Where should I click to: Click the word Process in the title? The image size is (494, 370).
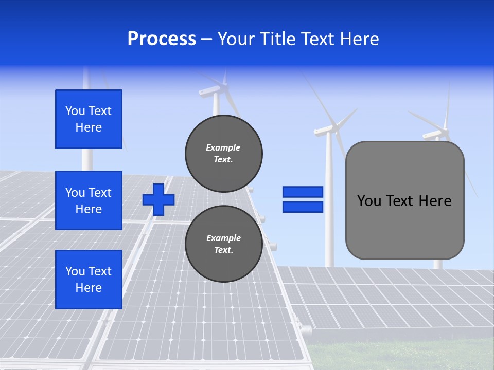coord(162,39)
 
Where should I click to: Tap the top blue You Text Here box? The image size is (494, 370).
coord(89,119)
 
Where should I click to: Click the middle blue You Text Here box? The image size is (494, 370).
coord(89,200)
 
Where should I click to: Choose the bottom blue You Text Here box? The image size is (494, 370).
coord(89,280)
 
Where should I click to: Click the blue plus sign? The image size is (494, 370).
coord(158,199)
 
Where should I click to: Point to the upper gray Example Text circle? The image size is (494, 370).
coord(224,154)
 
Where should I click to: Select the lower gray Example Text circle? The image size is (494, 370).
coord(224,244)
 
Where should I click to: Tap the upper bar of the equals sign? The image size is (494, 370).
coord(303,192)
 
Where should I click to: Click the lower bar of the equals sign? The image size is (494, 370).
coord(303,207)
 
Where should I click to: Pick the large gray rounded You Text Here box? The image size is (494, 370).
coord(404,200)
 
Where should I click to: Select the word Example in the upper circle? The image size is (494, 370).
coord(223,147)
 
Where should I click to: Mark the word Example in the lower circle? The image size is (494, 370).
coord(223,238)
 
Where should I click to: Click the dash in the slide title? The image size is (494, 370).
coord(206,39)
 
